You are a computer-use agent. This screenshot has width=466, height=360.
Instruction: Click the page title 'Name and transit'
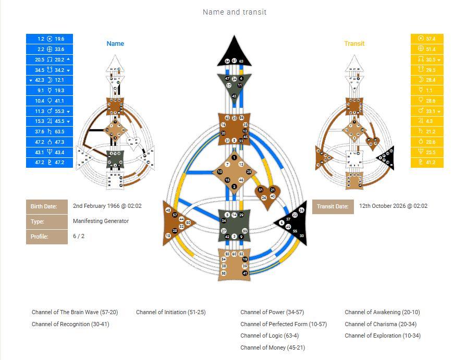[234, 12]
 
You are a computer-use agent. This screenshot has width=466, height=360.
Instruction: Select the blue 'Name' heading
[115, 44]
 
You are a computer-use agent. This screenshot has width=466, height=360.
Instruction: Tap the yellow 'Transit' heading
[354, 44]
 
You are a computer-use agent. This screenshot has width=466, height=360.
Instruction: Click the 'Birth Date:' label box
[47, 206]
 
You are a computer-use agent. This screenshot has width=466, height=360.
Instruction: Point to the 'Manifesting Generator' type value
[101, 221]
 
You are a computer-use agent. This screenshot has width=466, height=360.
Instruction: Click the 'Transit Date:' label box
[333, 206]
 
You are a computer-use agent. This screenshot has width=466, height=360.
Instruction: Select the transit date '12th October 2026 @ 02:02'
[393, 206]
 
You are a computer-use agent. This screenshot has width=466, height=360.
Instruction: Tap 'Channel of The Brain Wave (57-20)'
[75, 312]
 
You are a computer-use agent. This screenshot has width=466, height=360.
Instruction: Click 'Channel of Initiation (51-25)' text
[170, 312]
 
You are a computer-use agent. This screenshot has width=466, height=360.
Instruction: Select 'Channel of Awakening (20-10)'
[382, 312]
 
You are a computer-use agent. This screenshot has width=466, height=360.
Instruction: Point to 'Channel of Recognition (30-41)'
[70, 324]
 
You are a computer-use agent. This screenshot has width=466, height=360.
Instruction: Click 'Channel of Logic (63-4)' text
[268, 336]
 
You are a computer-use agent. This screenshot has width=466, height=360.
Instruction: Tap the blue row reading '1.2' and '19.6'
[50, 39]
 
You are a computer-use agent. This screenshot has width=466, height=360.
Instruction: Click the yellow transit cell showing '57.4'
[427, 39]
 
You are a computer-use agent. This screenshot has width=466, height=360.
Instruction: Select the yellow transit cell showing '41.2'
[427, 163]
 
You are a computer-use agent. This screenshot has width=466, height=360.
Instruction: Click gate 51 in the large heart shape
[261, 190]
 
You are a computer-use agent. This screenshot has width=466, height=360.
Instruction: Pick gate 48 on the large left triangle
[168, 210]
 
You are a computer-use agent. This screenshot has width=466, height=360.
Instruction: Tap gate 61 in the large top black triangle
[234, 61]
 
